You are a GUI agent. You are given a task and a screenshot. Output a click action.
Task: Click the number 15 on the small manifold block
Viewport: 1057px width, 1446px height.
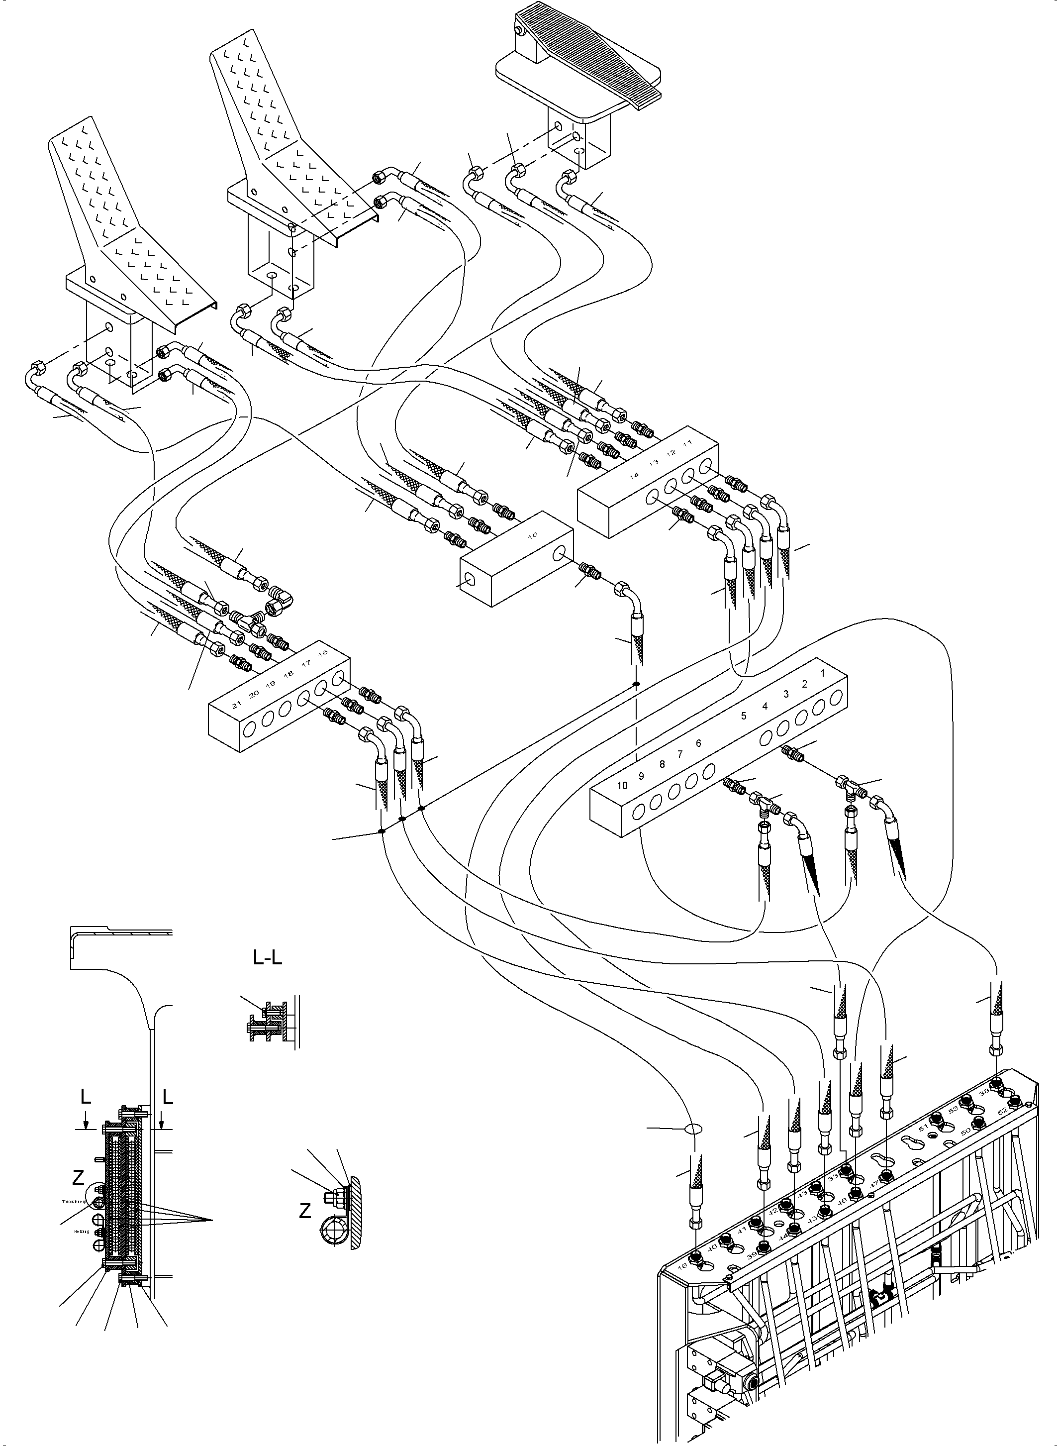534,534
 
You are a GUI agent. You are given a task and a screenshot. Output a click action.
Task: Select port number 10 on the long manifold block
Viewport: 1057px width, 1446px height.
622,785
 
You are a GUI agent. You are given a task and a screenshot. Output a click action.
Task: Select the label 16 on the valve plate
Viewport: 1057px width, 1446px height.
683,1266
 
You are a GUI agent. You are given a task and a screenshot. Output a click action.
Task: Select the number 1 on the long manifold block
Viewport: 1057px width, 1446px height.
823,673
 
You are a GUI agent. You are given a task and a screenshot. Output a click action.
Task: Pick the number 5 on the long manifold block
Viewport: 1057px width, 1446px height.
744,716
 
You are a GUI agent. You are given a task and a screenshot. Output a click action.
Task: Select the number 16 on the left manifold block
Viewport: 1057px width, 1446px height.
323,652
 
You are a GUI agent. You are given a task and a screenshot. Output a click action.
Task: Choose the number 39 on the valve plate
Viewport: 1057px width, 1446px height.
752,1256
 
